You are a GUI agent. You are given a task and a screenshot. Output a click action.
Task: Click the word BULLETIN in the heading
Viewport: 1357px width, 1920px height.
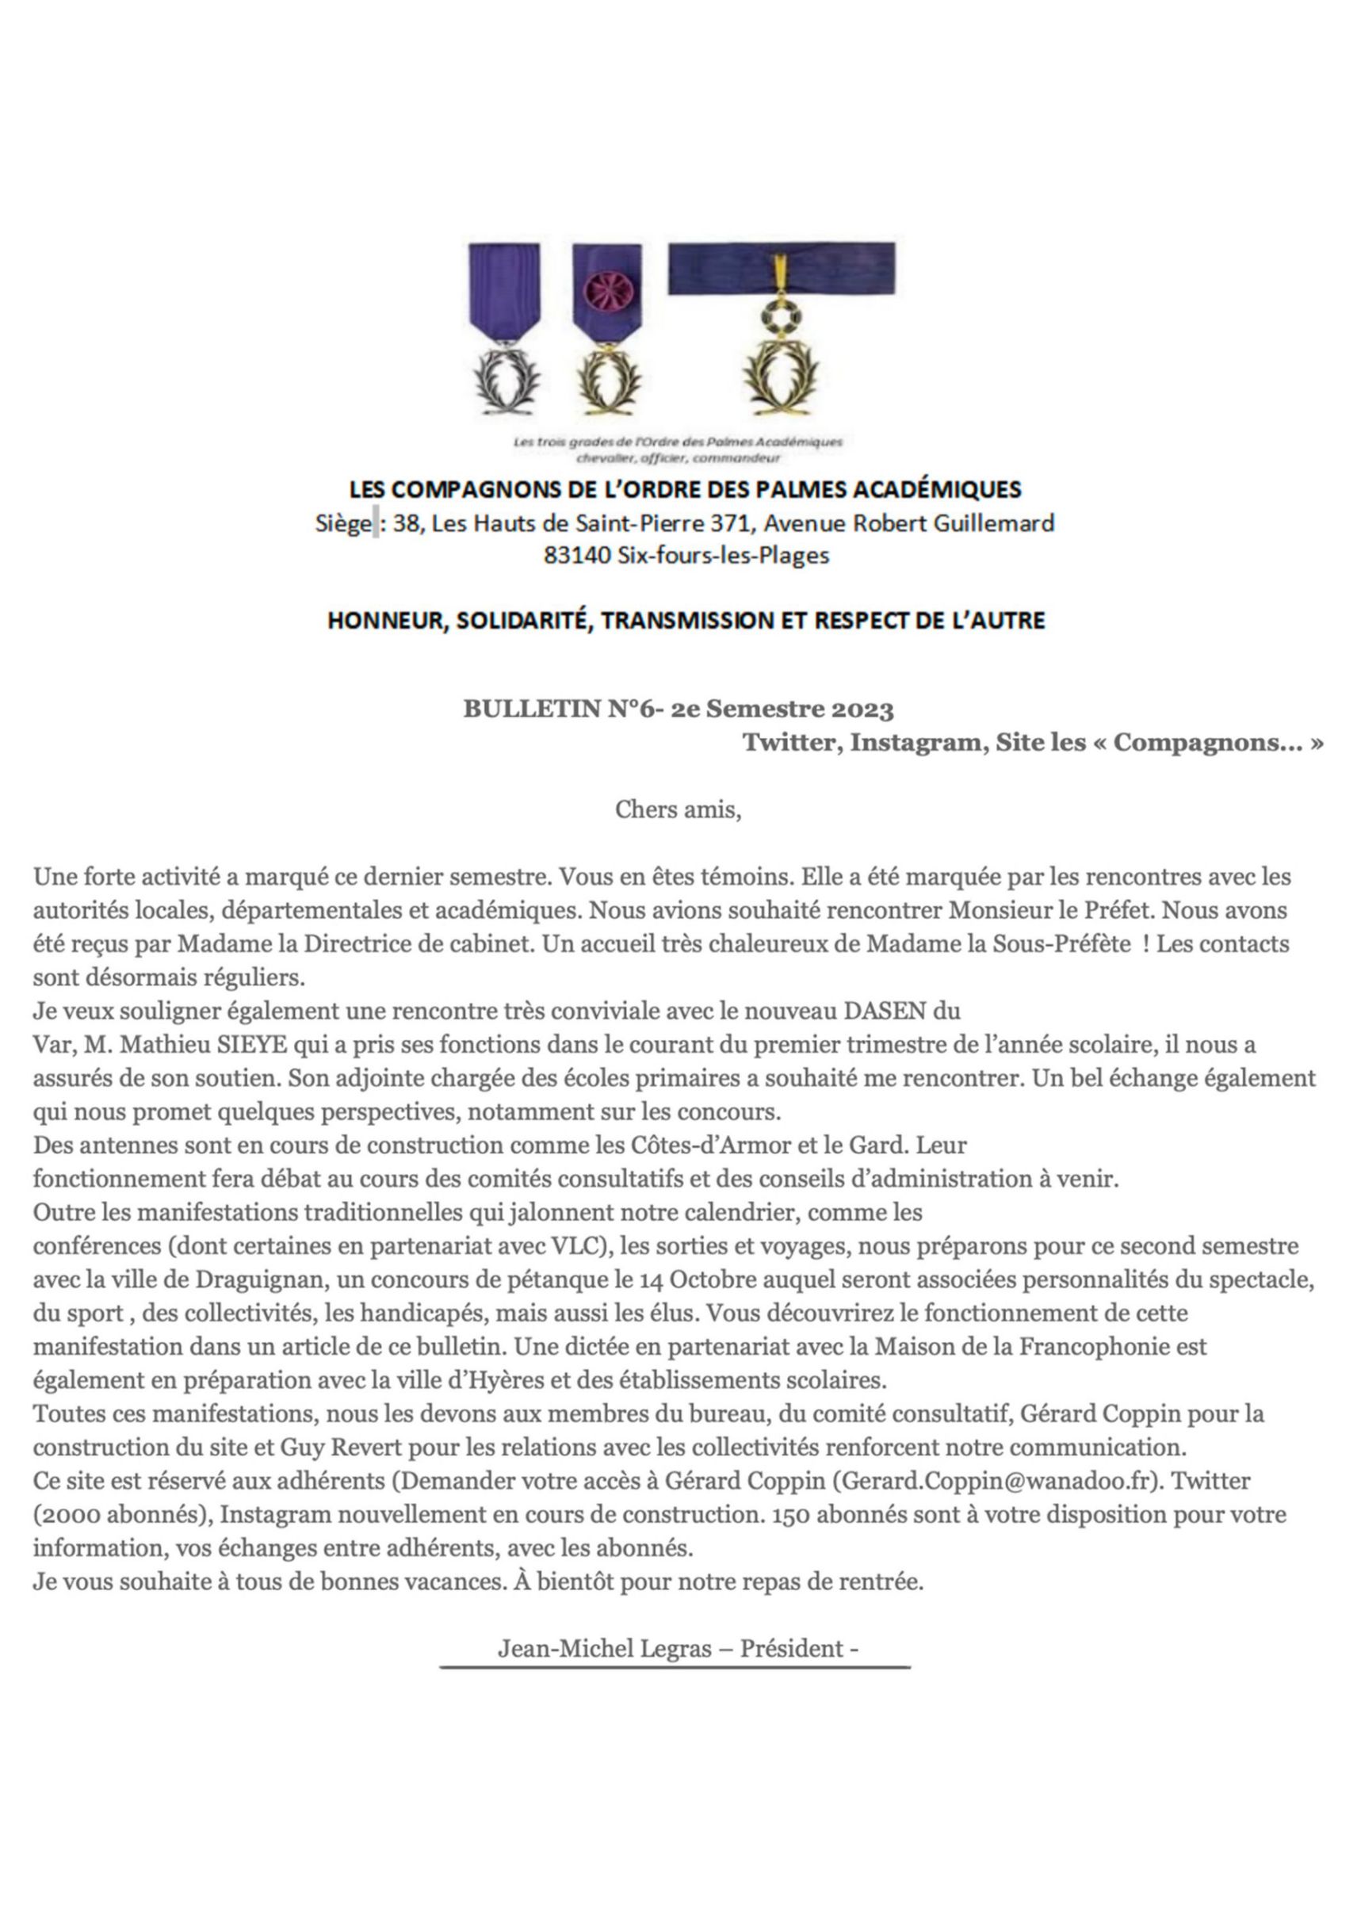click(532, 710)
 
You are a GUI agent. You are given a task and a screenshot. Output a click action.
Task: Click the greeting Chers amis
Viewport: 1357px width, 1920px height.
click(677, 809)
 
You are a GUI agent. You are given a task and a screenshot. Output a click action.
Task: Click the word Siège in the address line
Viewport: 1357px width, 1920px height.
click(342, 523)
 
